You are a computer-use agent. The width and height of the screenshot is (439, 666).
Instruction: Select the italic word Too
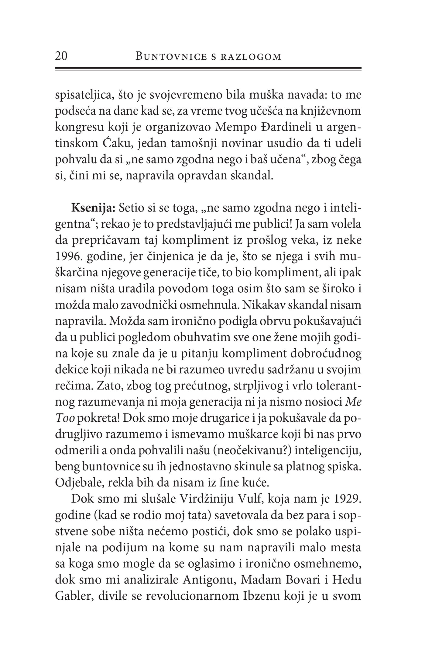[x=65, y=418]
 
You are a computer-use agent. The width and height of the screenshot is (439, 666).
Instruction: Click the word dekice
[x=71, y=370]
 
